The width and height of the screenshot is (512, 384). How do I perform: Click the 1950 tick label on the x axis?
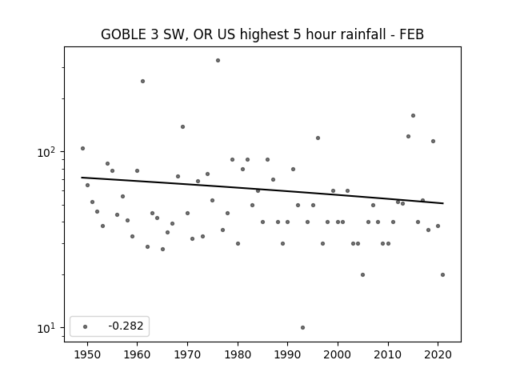[x=87, y=354]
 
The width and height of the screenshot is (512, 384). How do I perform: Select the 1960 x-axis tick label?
[x=137, y=354]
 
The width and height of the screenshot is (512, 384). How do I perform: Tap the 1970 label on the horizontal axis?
[x=187, y=354]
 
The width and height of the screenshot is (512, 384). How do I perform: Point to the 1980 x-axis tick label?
[x=238, y=354]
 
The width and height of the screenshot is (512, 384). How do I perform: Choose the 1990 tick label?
[x=288, y=354]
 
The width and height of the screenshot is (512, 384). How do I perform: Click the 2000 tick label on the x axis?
[x=338, y=354]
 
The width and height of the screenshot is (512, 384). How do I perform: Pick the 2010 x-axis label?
[x=388, y=354]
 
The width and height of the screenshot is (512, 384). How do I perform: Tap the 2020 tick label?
[x=438, y=354]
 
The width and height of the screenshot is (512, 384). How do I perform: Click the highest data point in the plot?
[x=218, y=61]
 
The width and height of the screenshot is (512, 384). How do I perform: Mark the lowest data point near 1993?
[x=302, y=327]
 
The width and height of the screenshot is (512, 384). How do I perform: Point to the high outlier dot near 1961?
[x=142, y=82]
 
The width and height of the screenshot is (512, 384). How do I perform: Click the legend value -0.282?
[x=126, y=326]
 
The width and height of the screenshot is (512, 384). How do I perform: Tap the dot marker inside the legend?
[x=86, y=326]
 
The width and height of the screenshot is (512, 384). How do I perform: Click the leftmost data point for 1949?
[x=82, y=149]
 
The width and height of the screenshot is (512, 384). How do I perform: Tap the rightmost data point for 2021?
[x=442, y=275]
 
